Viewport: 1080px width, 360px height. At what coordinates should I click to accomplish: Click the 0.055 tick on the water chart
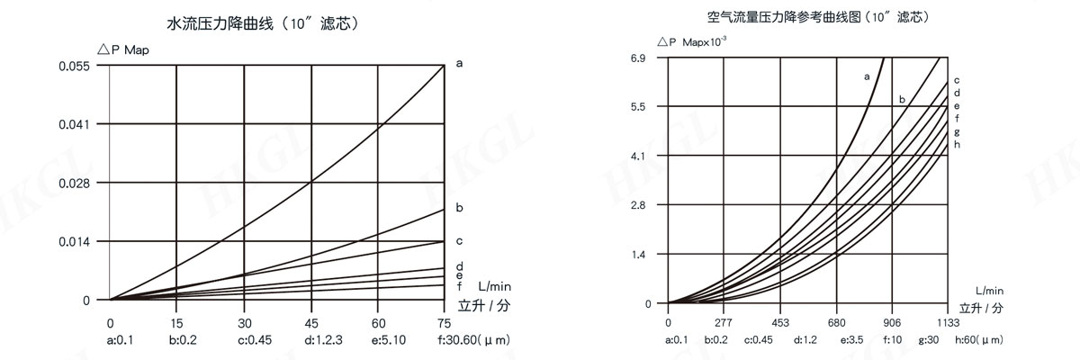76,67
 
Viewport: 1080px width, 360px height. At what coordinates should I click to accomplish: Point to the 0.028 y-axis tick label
76,183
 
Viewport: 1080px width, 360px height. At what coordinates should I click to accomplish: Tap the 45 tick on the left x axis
310,322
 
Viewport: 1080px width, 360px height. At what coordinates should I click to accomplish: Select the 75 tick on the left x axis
445,322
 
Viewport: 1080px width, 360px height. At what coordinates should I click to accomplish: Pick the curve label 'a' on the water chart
459,64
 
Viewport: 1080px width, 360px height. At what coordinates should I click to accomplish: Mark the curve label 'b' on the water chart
459,208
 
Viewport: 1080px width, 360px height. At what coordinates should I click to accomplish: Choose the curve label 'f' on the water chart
459,285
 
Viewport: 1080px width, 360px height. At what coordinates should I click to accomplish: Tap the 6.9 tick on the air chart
639,59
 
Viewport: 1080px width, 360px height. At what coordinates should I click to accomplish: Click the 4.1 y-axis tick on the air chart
639,156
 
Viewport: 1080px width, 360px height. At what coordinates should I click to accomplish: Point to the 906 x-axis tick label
892,322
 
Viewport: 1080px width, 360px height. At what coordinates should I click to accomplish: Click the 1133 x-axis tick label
948,322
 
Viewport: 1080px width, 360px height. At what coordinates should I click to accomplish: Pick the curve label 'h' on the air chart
957,144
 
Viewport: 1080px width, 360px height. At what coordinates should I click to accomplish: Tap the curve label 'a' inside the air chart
866,76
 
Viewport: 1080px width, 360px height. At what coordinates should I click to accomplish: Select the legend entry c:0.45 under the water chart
256,340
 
